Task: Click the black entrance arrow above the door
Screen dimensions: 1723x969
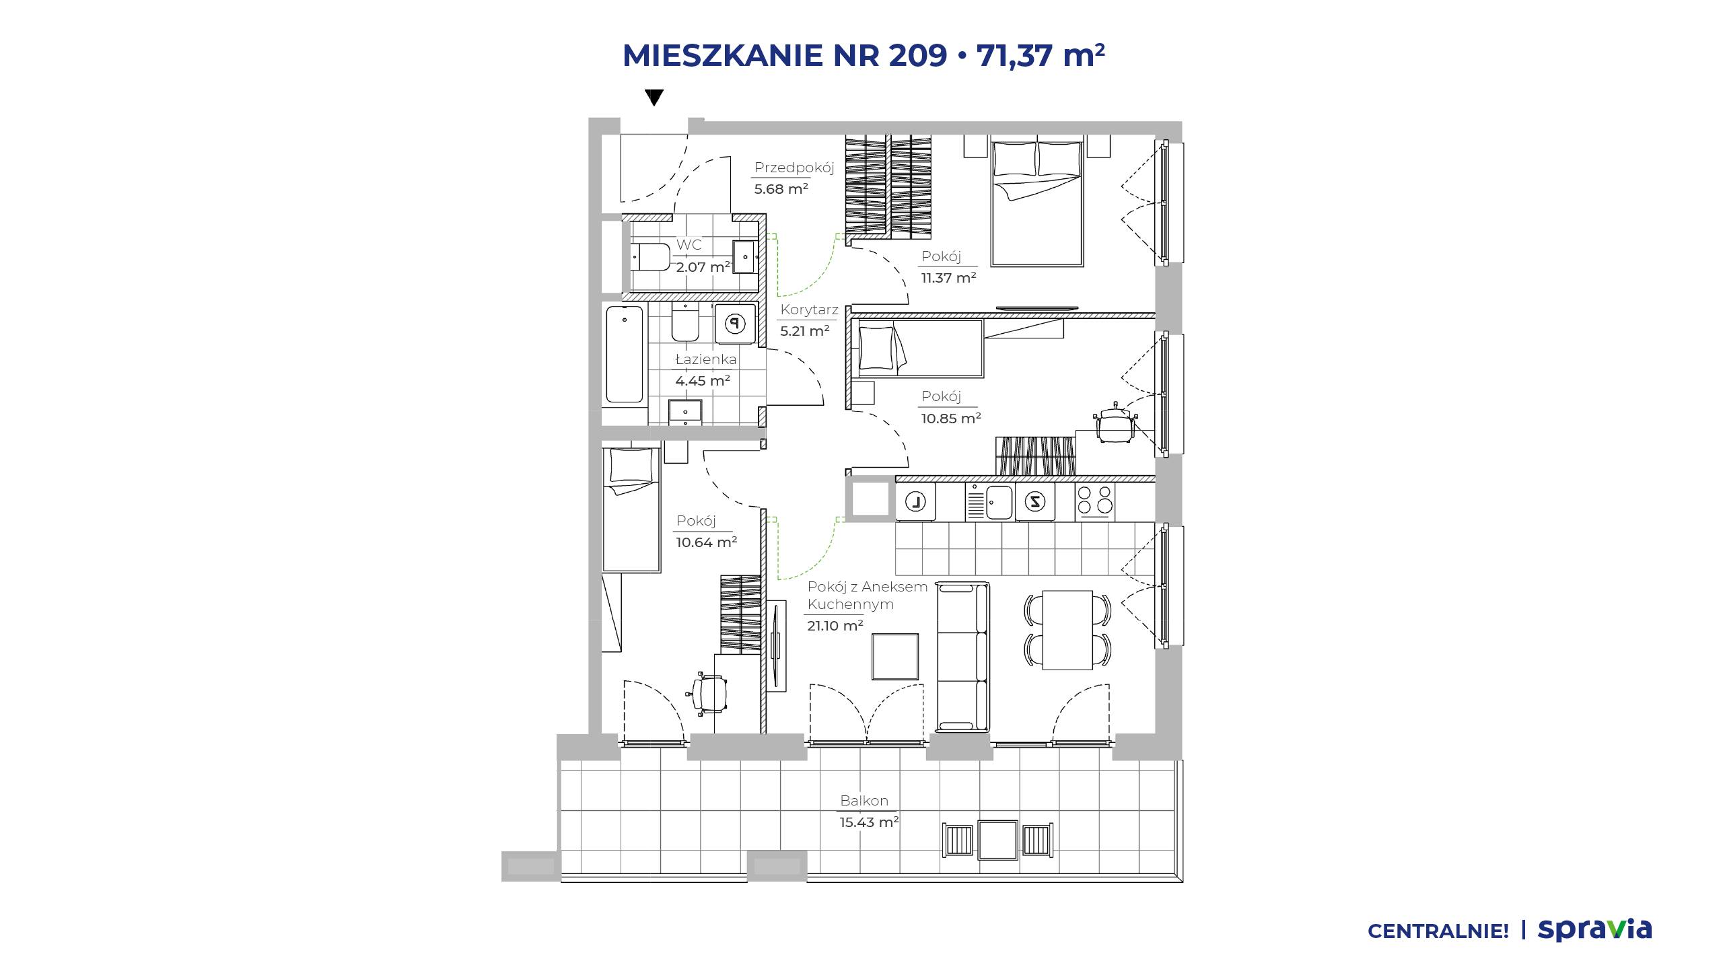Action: point(654,98)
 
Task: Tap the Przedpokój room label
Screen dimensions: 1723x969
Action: point(794,168)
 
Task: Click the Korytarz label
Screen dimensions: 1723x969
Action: point(809,310)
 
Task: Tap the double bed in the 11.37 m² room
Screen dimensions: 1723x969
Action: point(1036,201)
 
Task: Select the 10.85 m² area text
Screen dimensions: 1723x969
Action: point(951,418)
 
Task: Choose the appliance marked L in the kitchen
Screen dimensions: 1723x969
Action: point(916,501)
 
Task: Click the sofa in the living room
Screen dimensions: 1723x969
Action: point(963,657)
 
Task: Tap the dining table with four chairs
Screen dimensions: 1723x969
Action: point(1067,630)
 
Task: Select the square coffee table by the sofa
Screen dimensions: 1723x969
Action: point(895,657)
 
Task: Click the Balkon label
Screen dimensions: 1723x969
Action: point(864,801)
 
